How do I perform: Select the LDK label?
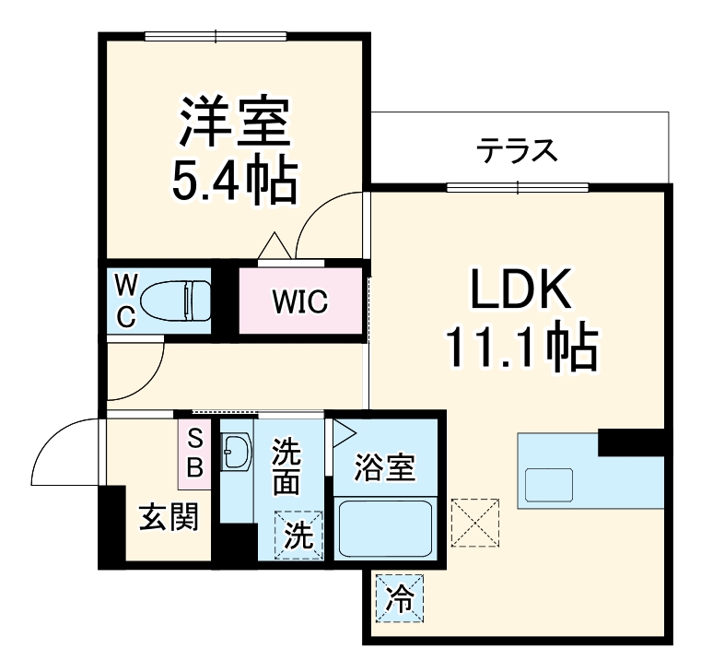521,292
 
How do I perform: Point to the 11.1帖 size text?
521,348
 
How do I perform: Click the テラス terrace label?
517,149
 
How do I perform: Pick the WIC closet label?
299,302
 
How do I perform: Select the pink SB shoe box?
194,453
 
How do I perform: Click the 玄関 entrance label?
169,518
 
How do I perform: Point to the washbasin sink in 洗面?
236,452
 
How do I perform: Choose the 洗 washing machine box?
298,535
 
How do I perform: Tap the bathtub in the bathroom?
384,527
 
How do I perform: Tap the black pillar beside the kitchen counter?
631,442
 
